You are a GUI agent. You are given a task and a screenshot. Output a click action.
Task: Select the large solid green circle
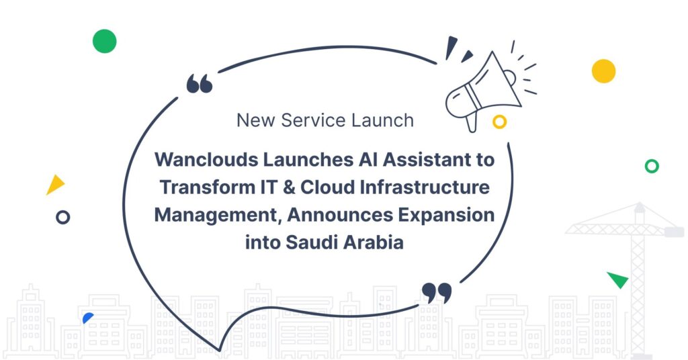104,41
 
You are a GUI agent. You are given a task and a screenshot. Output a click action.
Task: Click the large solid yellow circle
603,71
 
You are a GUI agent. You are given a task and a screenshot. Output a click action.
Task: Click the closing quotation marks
437,292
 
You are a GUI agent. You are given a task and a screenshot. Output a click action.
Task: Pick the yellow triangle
55,185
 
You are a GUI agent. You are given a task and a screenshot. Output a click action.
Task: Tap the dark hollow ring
62,217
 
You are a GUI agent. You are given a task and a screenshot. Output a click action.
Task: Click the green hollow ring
651,166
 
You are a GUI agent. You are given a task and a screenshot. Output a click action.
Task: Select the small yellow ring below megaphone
499,122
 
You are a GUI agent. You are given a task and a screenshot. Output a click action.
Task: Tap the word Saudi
314,242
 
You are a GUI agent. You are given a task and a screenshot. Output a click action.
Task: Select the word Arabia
375,242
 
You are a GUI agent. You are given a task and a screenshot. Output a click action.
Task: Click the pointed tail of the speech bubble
219,349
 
